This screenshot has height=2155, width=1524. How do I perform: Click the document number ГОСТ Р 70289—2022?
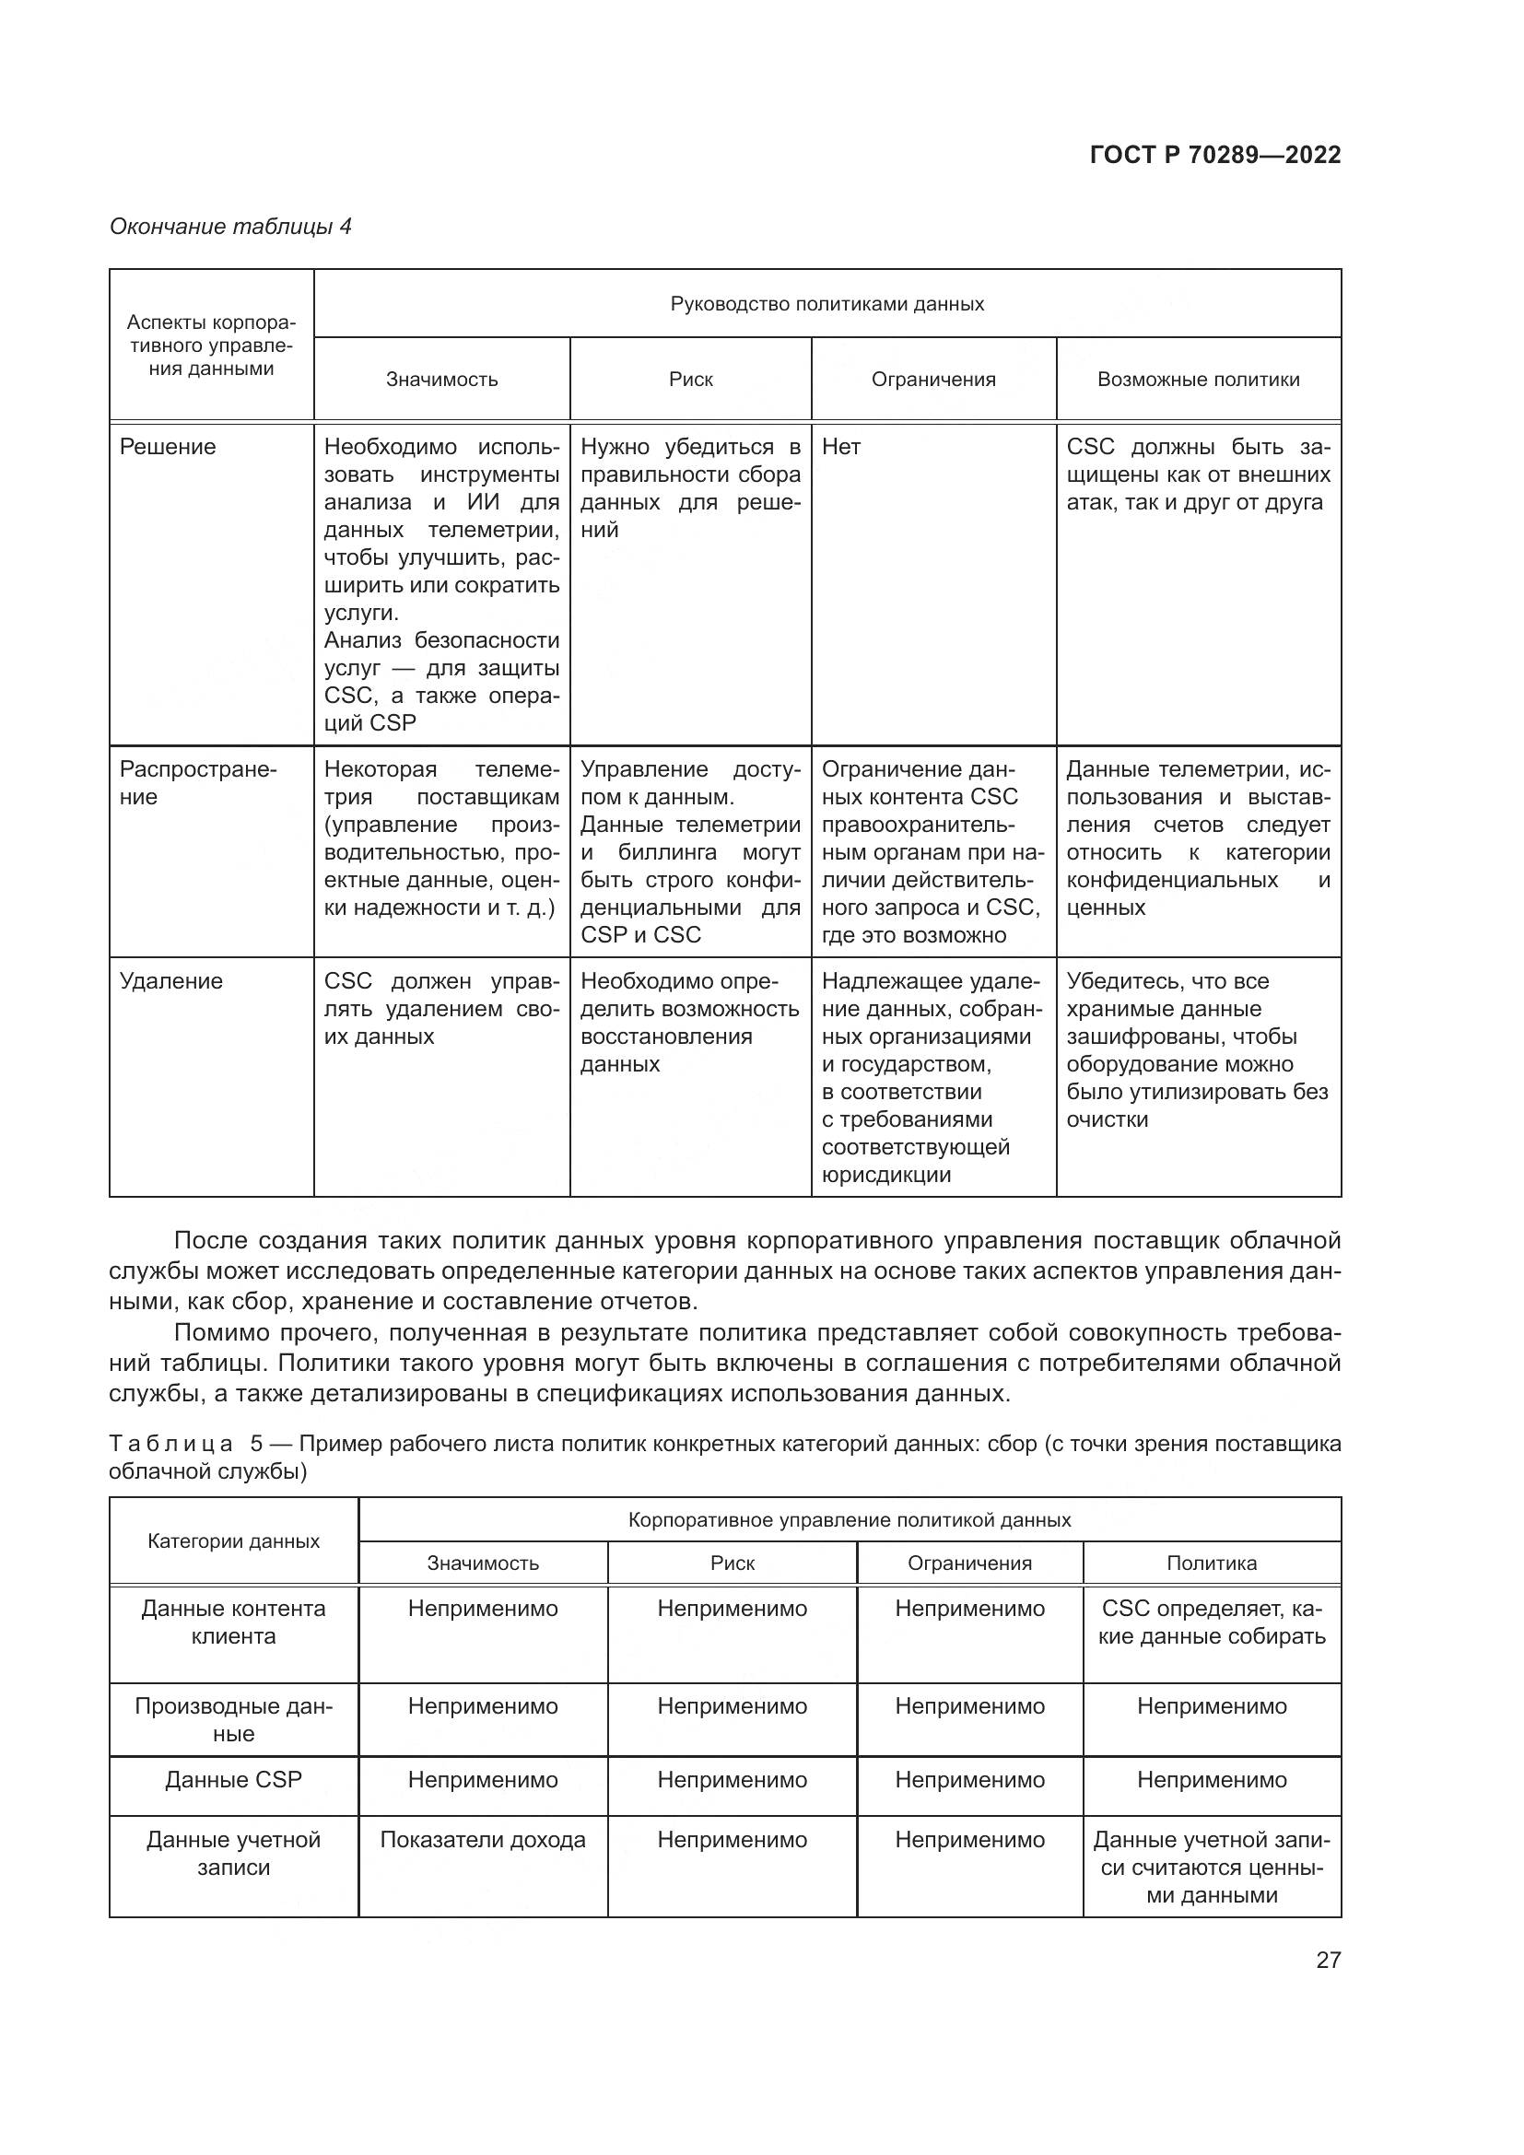click(x=1215, y=155)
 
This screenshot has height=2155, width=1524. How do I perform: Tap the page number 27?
click(x=1328, y=1960)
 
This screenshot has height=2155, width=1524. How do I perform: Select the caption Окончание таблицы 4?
click(x=230, y=227)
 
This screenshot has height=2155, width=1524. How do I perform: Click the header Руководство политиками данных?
click(x=826, y=304)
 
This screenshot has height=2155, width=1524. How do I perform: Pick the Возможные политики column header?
click(x=1199, y=380)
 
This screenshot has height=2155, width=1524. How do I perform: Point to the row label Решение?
click(x=168, y=447)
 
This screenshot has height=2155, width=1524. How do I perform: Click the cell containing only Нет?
click(x=841, y=447)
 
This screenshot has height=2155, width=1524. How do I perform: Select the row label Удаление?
click(x=170, y=981)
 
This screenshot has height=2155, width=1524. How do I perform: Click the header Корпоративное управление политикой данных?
click(x=849, y=1519)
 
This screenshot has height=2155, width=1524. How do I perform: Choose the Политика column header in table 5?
click(x=1212, y=1563)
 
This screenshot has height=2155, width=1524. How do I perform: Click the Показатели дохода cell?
click(x=482, y=1840)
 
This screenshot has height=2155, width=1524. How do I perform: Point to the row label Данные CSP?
click(x=234, y=1780)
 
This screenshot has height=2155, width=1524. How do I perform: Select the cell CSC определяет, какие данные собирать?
click(x=1212, y=1622)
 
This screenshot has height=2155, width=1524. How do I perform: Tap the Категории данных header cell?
click(x=234, y=1541)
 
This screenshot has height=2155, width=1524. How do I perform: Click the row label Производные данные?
click(x=234, y=1719)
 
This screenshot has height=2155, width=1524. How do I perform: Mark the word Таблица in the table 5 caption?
click(x=170, y=1444)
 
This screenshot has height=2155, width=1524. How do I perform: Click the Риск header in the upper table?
click(x=691, y=380)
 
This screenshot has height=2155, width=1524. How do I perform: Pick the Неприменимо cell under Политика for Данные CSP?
click(x=1212, y=1780)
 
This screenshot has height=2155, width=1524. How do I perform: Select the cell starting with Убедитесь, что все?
click(x=1198, y=1049)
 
